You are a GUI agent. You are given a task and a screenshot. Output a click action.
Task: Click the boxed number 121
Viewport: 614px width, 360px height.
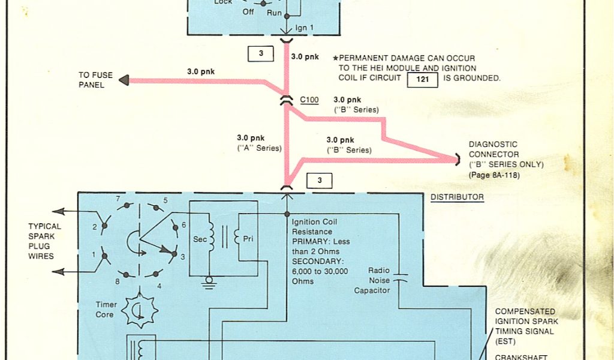tap(422, 79)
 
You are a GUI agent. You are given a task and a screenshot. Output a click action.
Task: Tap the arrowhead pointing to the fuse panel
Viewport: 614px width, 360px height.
tap(123, 80)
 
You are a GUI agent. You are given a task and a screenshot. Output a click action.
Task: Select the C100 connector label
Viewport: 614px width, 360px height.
tap(309, 100)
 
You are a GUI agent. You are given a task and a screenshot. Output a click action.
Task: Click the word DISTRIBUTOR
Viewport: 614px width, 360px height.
tap(457, 197)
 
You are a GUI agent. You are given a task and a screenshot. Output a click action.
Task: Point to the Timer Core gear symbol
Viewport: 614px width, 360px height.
tap(139, 310)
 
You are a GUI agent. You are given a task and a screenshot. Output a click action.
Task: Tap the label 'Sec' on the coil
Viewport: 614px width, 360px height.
tap(200, 238)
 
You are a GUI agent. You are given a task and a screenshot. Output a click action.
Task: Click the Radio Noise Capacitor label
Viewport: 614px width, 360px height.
tap(372, 280)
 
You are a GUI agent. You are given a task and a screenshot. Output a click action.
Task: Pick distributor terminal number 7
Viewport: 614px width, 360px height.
tap(118, 199)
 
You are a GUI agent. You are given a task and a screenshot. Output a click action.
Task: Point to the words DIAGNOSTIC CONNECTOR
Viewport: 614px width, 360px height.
tap(493, 149)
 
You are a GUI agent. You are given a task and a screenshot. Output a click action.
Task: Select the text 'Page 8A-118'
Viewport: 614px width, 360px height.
tap(495, 175)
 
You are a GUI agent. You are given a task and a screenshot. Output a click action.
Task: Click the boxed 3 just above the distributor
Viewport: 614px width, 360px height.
tap(319, 180)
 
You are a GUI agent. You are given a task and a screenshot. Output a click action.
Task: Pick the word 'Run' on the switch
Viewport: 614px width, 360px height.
tap(274, 11)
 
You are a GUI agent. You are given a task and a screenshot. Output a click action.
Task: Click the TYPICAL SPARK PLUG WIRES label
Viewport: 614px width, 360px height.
tap(44, 241)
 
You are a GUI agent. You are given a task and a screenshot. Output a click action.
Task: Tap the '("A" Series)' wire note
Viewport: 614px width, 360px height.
tap(258, 148)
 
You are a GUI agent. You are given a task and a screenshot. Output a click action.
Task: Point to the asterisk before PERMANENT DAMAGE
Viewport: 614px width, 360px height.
tap(336, 58)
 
